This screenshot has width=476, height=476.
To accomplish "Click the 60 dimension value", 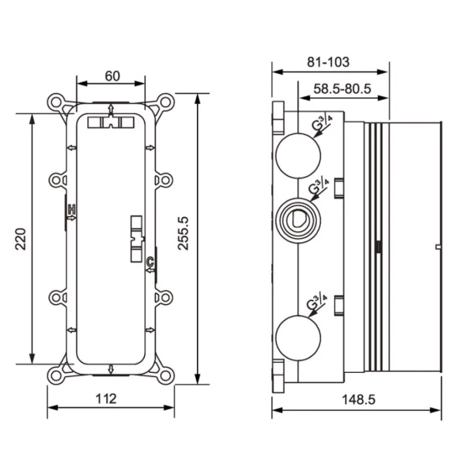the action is click(x=112, y=76).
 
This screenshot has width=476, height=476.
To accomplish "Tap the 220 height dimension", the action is click(x=21, y=239).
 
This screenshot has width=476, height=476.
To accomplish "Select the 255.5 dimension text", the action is click(x=183, y=233).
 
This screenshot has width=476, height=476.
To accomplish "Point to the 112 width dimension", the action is click(x=106, y=399).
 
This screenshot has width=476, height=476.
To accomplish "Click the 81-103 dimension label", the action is click(x=329, y=62).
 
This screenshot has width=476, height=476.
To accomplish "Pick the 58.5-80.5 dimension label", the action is click(x=342, y=89).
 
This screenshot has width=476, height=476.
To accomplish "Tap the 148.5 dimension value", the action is click(x=359, y=400).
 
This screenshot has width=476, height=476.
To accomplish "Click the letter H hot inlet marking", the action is click(x=71, y=210).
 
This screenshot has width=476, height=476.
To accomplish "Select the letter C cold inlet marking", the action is click(x=151, y=261).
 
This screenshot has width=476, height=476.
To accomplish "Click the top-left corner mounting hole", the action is click(x=56, y=102).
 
